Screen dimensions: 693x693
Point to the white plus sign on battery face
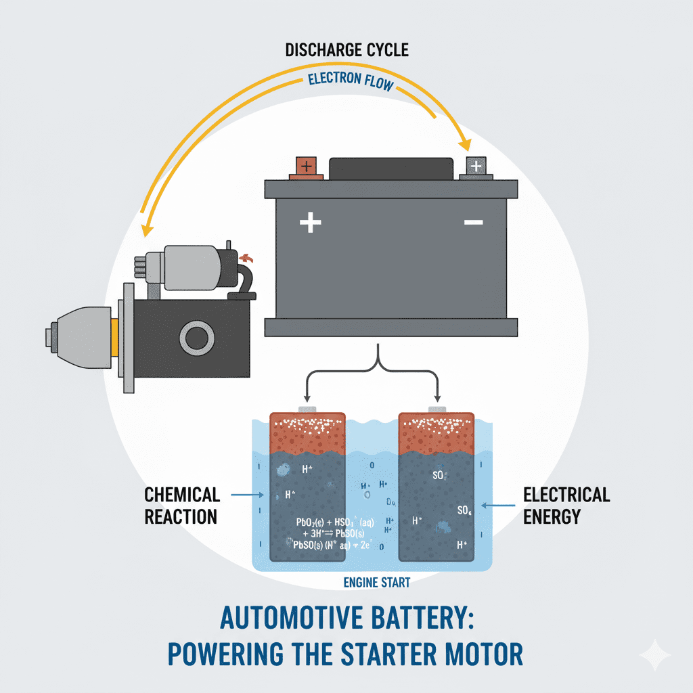coord(310,222)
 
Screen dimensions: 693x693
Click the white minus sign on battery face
coord(474,222)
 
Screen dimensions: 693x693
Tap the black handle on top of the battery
coord(390,169)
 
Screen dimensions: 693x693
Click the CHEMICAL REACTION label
coord(181,506)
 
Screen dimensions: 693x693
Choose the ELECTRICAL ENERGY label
coord(566,505)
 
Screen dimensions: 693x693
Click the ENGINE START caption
coord(377,582)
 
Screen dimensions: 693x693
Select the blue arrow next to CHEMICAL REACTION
coord(246,495)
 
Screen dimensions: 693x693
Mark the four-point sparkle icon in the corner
coord(654,655)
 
